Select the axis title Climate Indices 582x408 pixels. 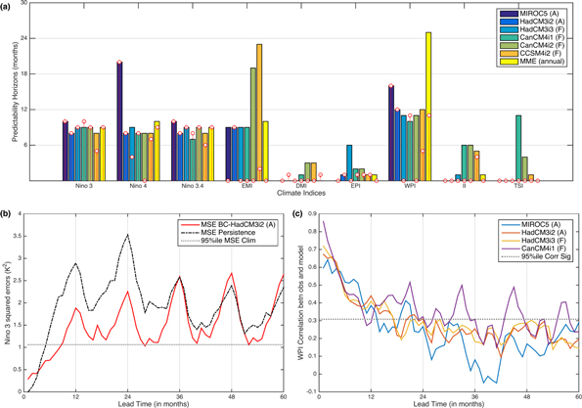click(x=296, y=199)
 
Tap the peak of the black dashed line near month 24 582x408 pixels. click(x=128, y=235)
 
